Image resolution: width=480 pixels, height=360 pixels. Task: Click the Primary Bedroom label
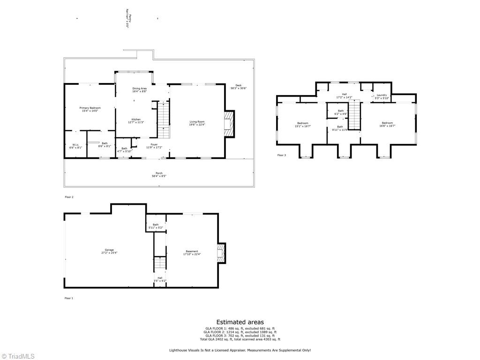pos(90,109)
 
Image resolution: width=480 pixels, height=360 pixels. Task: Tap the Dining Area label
pos(140,90)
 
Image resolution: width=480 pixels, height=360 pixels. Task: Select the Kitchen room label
pos(136,120)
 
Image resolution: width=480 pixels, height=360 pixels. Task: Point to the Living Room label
pos(197,123)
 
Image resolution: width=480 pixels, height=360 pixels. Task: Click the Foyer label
pos(154,146)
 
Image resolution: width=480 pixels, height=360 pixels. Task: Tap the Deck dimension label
pos(238,87)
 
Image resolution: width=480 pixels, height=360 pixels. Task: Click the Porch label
pos(159,174)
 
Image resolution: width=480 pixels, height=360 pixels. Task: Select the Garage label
pos(109,251)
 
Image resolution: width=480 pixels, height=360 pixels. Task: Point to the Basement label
pos(192,253)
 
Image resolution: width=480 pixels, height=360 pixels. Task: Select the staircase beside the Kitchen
pos(162,120)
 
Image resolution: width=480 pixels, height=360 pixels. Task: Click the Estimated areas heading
pos(240,322)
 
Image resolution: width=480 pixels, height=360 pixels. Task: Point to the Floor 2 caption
pos(69,197)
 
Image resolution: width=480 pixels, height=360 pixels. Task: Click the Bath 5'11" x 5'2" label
pos(156,226)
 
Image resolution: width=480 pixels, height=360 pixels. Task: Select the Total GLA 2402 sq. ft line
pos(240,339)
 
